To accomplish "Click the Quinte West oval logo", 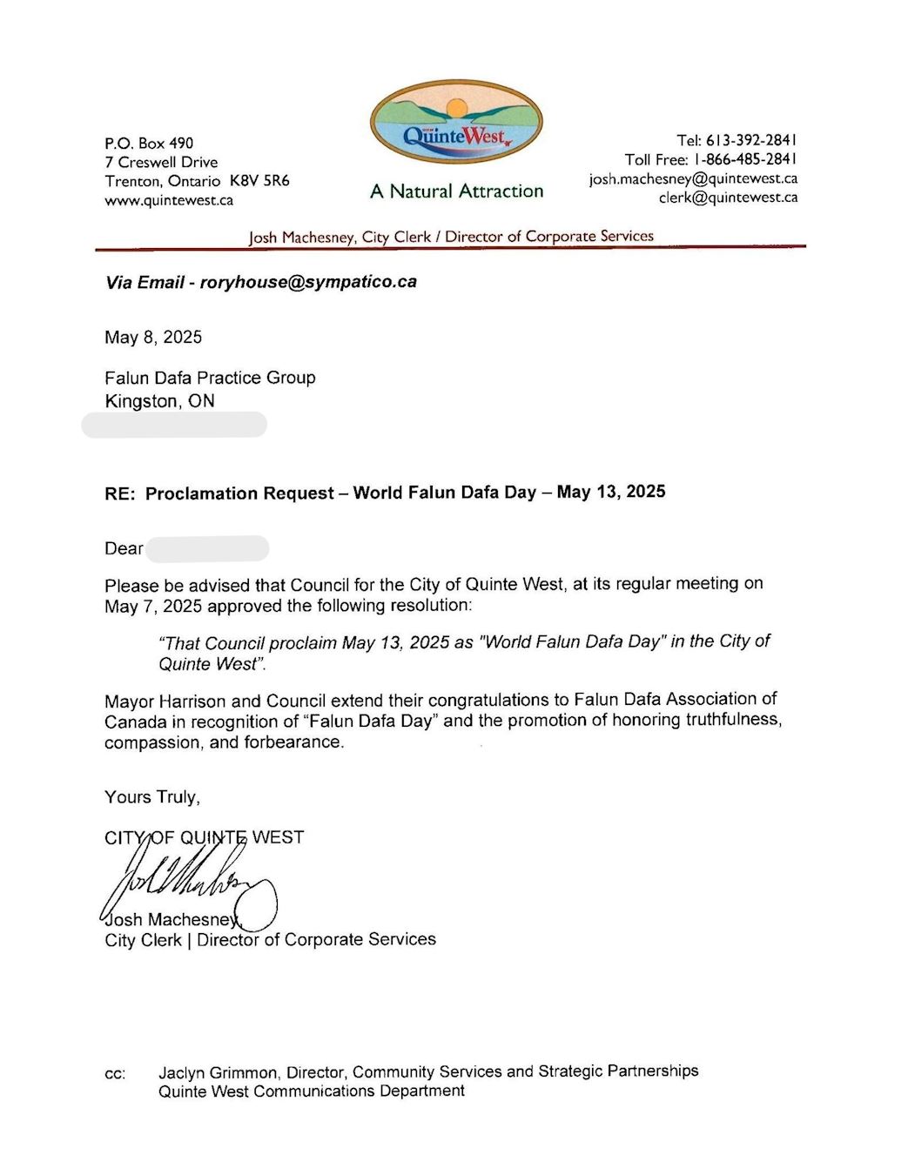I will point(456,123).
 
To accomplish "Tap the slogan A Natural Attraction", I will point(456,191).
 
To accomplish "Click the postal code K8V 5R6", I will point(259,181).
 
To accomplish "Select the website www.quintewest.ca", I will point(169,200).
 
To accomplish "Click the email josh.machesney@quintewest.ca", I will point(693,178).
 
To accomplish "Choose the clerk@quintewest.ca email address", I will point(728,198).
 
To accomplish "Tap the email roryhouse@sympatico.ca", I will point(308,282).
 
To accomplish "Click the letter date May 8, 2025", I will point(153,337).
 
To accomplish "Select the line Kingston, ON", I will point(159,401).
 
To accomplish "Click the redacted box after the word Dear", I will point(207,548).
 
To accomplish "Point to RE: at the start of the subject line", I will point(120,493).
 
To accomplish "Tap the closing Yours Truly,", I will point(152,797).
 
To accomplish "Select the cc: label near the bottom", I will point(115,1074).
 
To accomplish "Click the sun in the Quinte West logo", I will point(456,108).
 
